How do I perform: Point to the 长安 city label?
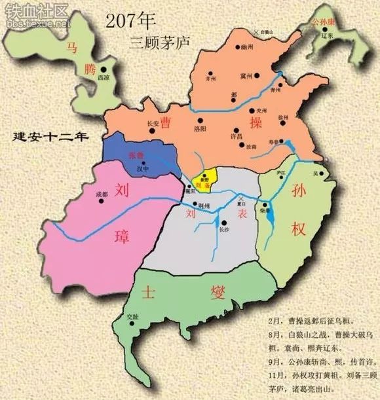pos(153,122)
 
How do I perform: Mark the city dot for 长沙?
pos(224,223)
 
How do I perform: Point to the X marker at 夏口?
pos(242,198)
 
